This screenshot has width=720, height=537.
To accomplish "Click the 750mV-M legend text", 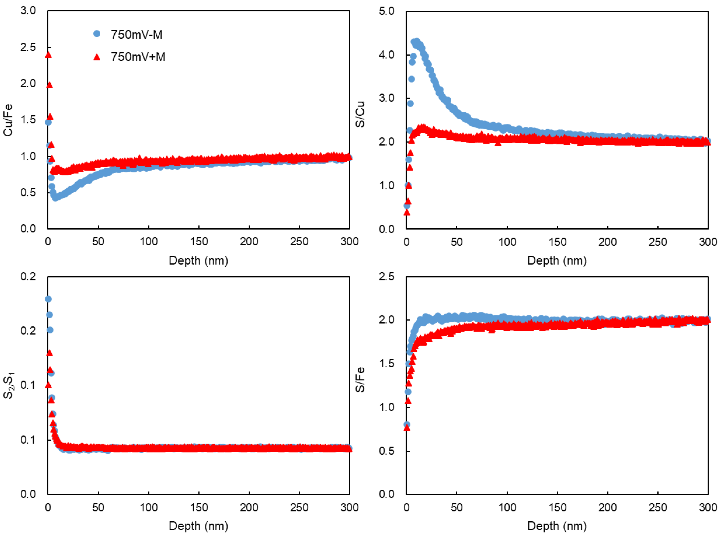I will (136, 34).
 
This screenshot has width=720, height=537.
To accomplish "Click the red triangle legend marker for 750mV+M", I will (97, 57).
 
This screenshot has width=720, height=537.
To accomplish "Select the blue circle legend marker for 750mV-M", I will (97, 34).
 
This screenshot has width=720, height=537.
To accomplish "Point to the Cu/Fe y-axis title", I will (8, 120).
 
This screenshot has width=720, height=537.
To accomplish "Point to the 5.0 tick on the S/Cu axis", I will (386, 11).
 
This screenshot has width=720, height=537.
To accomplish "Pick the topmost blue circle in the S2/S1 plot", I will (48, 299).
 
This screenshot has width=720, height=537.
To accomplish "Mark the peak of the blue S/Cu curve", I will (416, 42).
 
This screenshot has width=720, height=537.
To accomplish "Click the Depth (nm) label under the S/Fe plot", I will (557, 526).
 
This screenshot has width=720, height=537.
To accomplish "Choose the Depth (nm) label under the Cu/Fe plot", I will (198, 260).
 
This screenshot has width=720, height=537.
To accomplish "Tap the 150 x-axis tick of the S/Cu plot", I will (557, 242).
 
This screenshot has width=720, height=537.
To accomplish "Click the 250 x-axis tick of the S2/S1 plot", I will (299, 507).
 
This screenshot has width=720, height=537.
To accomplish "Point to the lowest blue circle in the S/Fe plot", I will (407, 424).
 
